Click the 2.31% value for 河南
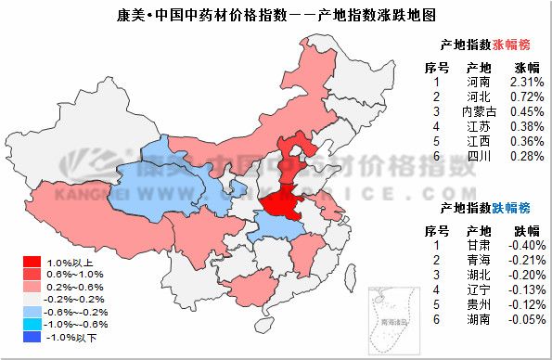[526, 83]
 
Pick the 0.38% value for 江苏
[526, 127]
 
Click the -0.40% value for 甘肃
[526, 245]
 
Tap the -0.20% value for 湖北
[526, 275]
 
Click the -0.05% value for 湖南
[526, 319]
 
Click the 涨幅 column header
[526, 68]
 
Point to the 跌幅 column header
[526, 230]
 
